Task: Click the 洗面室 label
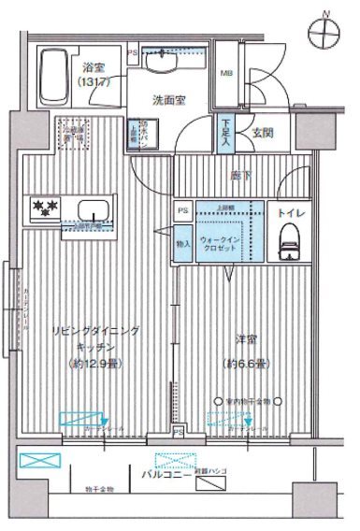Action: point(168,97)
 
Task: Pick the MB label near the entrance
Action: point(227,73)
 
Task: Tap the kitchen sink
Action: point(94,208)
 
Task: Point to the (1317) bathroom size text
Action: point(94,80)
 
